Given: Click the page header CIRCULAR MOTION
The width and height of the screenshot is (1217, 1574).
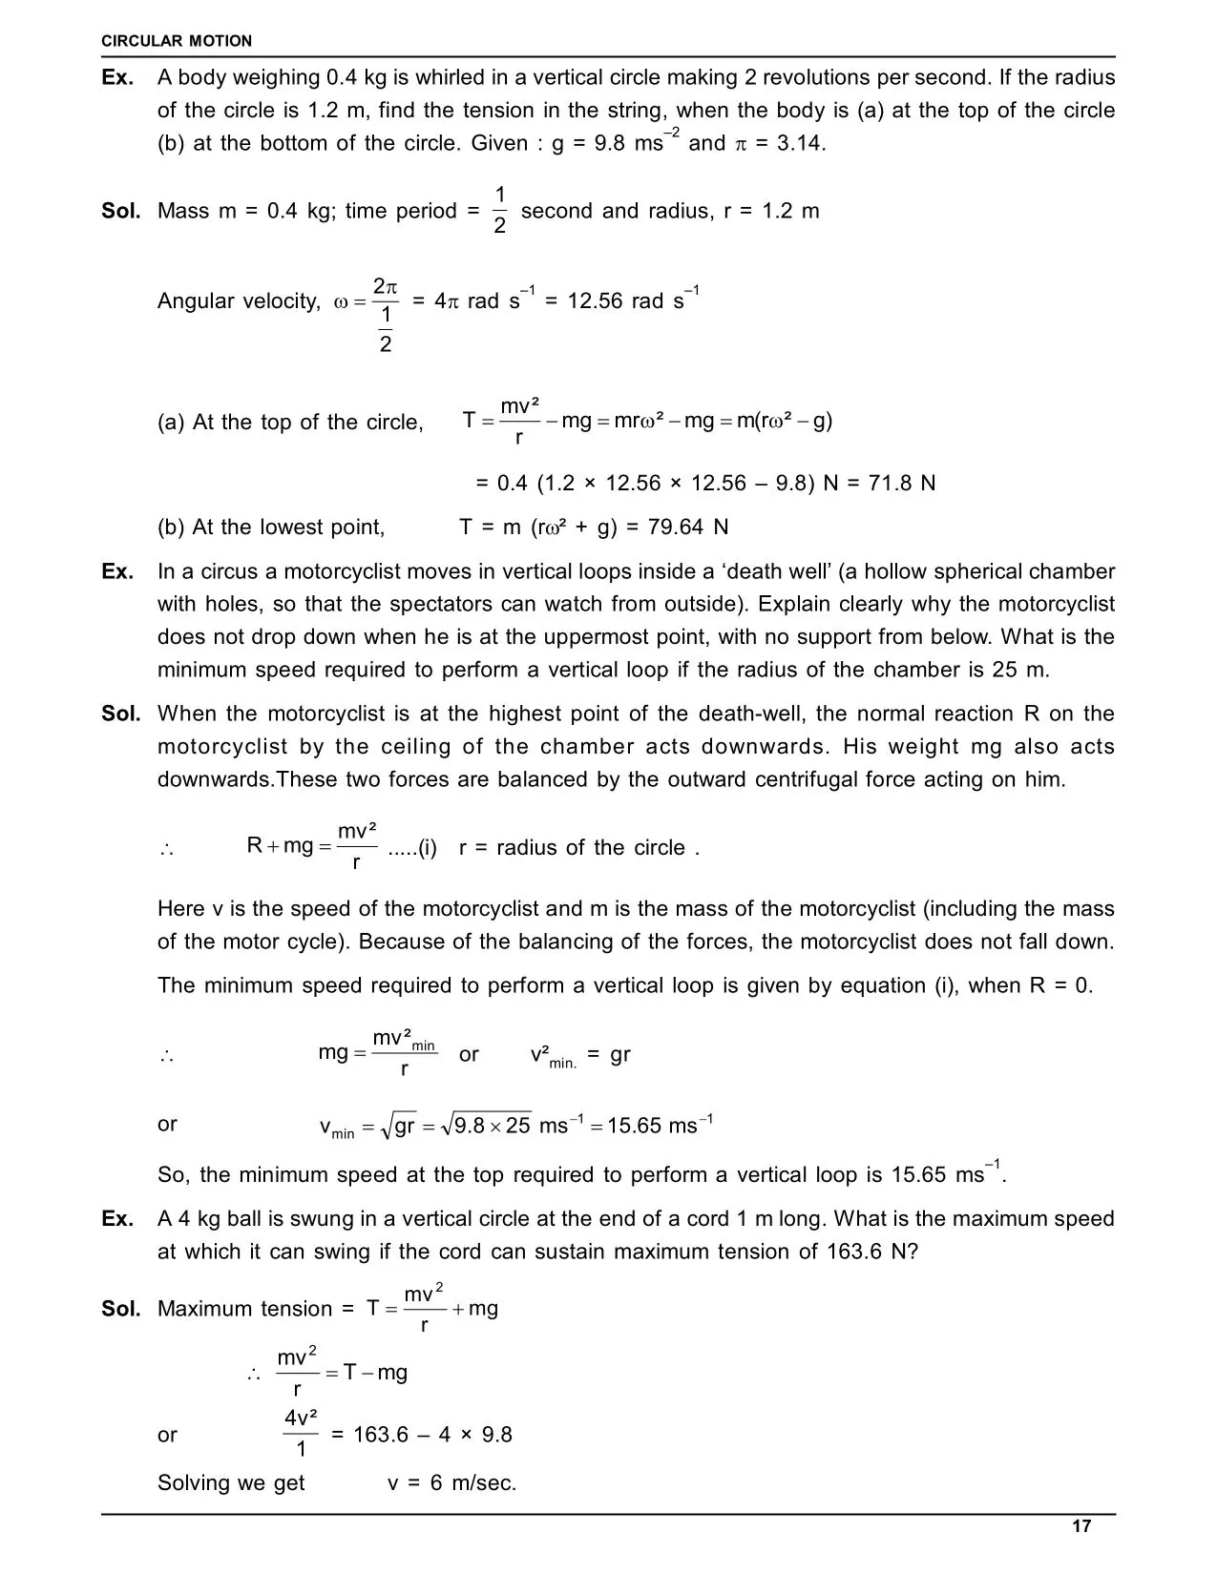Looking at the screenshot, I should (x=177, y=41).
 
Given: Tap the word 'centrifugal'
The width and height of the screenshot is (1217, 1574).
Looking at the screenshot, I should (x=807, y=779).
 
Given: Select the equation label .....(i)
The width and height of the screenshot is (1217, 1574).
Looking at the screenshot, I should (x=412, y=848).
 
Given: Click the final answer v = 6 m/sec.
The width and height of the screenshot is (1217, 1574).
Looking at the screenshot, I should (x=451, y=1483).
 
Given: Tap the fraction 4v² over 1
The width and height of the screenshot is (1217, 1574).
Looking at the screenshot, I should (x=301, y=1434).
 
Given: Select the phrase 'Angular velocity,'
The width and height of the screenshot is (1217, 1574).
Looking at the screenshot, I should (x=239, y=301).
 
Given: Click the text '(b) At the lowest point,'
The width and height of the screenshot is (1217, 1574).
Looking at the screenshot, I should (x=271, y=528).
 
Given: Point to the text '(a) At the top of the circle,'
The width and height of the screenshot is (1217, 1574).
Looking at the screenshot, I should (x=290, y=422).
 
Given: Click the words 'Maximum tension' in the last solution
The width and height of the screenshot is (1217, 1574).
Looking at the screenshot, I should (x=244, y=1309).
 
